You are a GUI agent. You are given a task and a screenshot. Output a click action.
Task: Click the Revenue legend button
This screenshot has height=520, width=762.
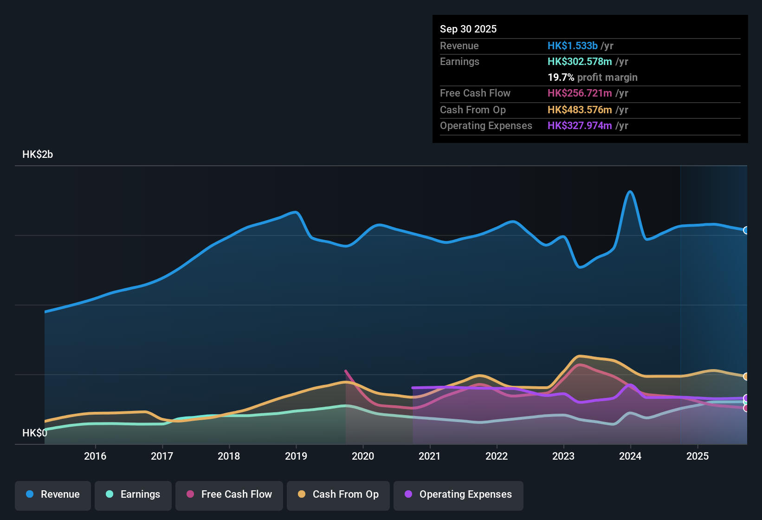pos(53,494)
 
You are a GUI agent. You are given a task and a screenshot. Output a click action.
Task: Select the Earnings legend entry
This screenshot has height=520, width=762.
pos(133,494)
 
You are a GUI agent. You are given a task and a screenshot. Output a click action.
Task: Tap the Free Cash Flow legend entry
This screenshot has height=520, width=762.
pos(229,494)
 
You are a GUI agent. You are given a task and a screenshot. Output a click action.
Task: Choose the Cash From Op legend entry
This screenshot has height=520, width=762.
pos(338,494)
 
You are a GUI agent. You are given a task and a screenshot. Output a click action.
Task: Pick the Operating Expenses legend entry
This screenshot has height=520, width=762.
pos(458,494)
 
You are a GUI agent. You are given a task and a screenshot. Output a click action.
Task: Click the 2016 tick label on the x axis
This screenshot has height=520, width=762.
pos(95,456)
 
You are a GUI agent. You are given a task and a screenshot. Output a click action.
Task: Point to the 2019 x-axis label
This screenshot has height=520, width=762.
pos(296,456)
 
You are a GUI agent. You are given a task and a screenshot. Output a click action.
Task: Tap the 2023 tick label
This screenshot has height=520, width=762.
pos(563,456)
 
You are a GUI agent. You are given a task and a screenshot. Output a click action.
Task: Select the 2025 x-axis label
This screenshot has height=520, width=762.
pos(697,456)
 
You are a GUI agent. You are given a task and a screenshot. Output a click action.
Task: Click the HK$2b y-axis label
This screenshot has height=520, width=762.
pos(38,155)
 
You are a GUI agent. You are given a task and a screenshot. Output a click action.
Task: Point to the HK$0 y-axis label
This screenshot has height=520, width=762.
pos(35,433)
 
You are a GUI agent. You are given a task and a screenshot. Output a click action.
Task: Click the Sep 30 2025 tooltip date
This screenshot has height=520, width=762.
pos(468,29)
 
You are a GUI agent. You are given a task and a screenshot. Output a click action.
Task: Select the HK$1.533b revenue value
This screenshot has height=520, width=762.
pos(573,45)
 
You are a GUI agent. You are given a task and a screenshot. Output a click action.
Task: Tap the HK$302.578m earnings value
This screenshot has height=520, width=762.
pos(580,61)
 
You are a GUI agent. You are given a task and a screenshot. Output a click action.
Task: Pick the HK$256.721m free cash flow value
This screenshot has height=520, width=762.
pos(580,93)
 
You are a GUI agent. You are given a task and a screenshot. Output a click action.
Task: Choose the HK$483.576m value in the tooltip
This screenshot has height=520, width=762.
pos(580,110)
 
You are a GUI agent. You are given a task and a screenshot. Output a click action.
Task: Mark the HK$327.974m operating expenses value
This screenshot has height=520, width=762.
pos(580,125)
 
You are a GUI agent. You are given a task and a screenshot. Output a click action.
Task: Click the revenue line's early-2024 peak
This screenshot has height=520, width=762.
pos(630,192)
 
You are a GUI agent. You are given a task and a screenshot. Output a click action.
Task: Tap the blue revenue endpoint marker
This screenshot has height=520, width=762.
pos(746,230)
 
